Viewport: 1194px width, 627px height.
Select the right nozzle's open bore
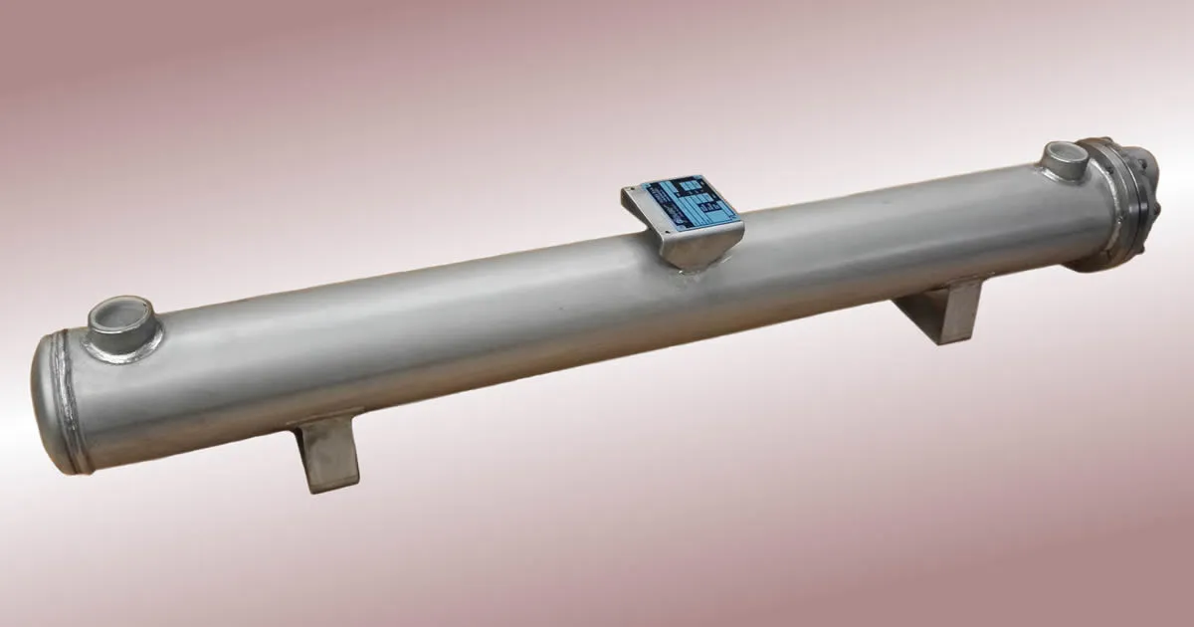tap(1067, 155)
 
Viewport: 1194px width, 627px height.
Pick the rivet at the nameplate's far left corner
tap(629, 191)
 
